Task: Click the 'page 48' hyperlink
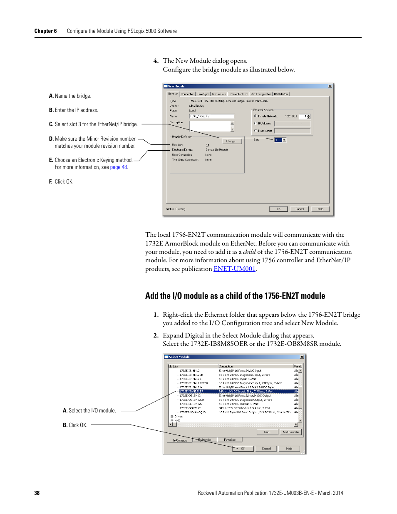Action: tap(119, 167)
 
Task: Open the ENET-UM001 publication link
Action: tap(234, 269)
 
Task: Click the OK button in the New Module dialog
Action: tap(278, 209)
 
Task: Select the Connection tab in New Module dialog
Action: tap(187, 94)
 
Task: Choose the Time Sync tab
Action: tap(203, 94)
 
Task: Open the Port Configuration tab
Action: tap(261, 94)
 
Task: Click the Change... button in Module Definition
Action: tap(231, 141)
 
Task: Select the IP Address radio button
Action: tap(256, 123)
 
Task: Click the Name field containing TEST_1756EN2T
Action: tap(211, 116)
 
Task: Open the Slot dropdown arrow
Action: tap(284, 140)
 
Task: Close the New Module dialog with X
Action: tap(330, 86)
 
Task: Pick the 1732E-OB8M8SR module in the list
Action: tap(190, 408)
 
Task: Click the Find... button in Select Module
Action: tap(268, 432)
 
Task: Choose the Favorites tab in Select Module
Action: tap(230, 440)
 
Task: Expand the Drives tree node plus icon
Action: tap(172, 416)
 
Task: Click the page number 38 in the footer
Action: tap(37, 493)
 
